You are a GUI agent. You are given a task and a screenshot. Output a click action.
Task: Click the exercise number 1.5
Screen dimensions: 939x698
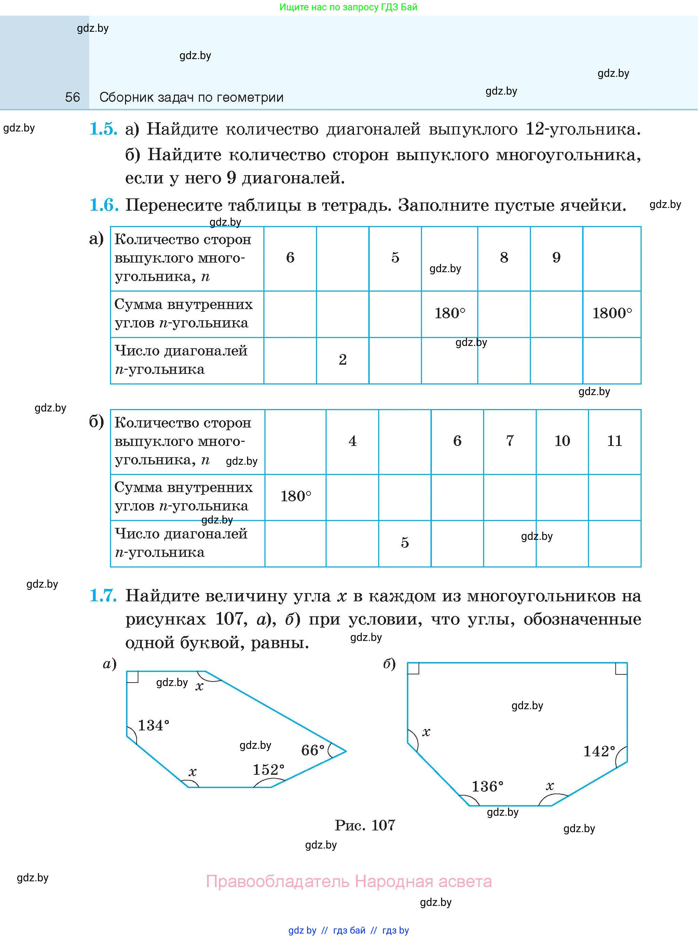pyautogui.click(x=103, y=129)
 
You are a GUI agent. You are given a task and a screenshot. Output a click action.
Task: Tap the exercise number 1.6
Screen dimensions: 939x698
pyautogui.click(x=104, y=205)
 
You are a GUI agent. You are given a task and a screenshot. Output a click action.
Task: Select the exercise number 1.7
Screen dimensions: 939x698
pyautogui.click(x=103, y=596)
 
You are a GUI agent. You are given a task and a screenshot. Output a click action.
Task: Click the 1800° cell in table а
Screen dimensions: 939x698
pyautogui.click(x=612, y=313)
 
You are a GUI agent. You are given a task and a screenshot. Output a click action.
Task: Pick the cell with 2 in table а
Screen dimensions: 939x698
pyautogui.click(x=343, y=360)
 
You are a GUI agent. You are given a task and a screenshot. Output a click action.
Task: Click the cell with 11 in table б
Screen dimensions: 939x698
pyautogui.click(x=614, y=441)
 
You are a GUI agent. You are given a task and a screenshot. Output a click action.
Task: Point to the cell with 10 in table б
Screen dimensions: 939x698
pyautogui.click(x=562, y=441)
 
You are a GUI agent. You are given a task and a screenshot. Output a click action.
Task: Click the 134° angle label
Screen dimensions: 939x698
pyautogui.click(x=153, y=725)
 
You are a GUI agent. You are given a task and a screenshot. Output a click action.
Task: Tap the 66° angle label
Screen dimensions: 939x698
pyautogui.click(x=313, y=750)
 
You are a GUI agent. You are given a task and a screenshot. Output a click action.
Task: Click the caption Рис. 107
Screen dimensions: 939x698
pyautogui.click(x=365, y=825)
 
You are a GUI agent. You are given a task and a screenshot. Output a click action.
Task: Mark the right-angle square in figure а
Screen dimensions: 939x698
pyautogui.click(x=132, y=676)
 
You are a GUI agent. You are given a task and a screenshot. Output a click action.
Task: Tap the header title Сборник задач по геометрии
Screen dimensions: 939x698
pyautogui.click(x=191, y=98)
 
